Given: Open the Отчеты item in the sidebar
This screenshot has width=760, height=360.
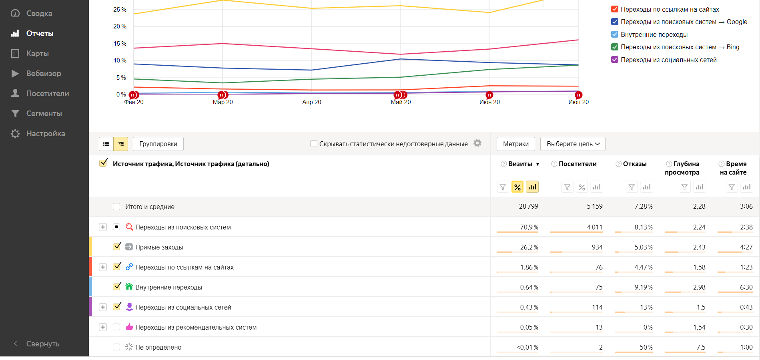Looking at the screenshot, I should (x=40, y=34).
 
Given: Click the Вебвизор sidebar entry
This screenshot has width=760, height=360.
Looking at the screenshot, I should (x=44, y=74).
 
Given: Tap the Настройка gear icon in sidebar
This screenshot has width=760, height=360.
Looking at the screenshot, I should (x=15, y=134).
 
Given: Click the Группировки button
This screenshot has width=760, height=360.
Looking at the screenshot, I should (x=158, y=144).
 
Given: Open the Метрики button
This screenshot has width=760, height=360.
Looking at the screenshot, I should (x=515, y=144).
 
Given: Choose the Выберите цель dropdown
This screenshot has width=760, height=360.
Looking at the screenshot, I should (x=572, y=144).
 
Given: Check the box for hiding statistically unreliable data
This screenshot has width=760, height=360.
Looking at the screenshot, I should (x=314, y=144).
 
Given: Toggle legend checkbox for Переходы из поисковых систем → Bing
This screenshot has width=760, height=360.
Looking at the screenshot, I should (x=615, y=47).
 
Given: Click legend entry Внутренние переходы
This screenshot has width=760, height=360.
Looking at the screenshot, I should (x=654, y=35).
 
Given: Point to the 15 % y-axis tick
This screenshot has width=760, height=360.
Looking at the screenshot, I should (x=120, y=44).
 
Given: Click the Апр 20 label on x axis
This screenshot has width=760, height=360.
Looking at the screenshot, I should (x=311, y=102).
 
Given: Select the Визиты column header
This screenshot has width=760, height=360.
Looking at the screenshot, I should (x=520, y=164).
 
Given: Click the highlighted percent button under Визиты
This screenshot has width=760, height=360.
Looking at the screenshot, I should (x=517, y=187).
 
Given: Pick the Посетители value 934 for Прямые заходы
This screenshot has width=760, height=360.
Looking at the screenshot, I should (x=597, y=247).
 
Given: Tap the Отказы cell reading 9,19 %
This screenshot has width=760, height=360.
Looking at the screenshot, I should (x=643, y=288).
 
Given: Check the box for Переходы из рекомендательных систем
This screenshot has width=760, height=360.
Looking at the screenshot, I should (x=116, y=327).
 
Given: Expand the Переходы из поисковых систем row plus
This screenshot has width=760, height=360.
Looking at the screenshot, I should (x=103, y=227).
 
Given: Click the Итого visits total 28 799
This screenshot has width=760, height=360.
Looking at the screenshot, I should (x=528, y=207).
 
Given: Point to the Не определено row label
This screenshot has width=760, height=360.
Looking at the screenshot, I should (x=158, y=348).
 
